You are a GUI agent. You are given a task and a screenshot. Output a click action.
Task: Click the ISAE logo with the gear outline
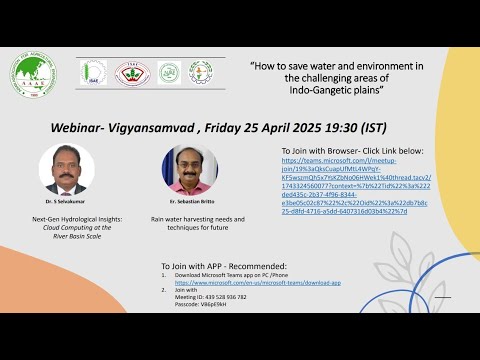pos(94,72)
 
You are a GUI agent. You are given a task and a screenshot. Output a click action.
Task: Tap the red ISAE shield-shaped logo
pos(131,72)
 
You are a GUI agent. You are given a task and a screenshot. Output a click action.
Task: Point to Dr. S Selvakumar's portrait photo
pos(61,169)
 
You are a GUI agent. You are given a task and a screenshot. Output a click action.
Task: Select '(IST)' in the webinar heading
pos(404,129)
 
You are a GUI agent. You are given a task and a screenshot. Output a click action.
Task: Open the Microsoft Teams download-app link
pos(259,283)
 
